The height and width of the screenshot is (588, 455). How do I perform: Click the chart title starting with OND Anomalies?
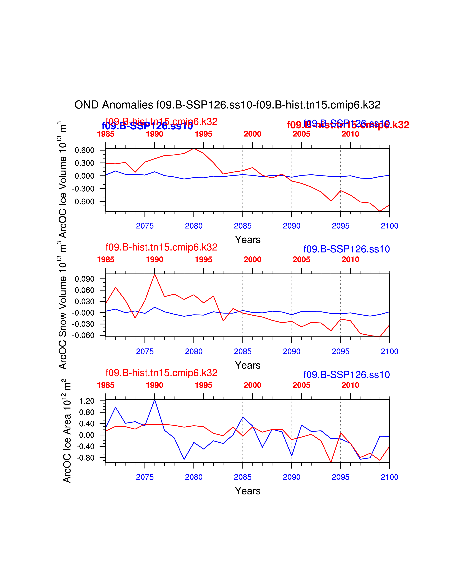tap(227, 105)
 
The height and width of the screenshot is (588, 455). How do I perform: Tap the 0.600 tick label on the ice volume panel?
tap(84, 150)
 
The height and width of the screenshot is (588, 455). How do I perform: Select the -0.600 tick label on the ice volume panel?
tap(83, 202)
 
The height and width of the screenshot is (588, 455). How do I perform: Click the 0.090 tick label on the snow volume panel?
tap(84, 279)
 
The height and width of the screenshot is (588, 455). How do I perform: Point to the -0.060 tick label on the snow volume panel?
tap(83, 336)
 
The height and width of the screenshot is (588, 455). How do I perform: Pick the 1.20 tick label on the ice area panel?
tap(87, 401)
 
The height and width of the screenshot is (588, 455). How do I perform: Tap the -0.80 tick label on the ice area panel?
tap(86, 458)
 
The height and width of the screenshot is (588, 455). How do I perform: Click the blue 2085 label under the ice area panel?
tap(243, 477)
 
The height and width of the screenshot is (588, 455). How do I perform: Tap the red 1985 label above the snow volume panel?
tap(106, 260)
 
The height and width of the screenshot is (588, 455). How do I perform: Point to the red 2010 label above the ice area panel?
tap(350, 385)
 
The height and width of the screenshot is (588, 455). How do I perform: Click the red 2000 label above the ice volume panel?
tap(252, 134)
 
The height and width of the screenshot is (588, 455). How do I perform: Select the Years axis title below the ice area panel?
tap(248, 491)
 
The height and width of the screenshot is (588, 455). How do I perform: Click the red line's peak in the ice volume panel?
tap(194, 148)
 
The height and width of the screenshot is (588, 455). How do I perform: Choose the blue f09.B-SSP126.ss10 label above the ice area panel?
tap(347, 375)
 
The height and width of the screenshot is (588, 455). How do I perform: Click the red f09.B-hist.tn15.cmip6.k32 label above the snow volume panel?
tap(161, 247)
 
